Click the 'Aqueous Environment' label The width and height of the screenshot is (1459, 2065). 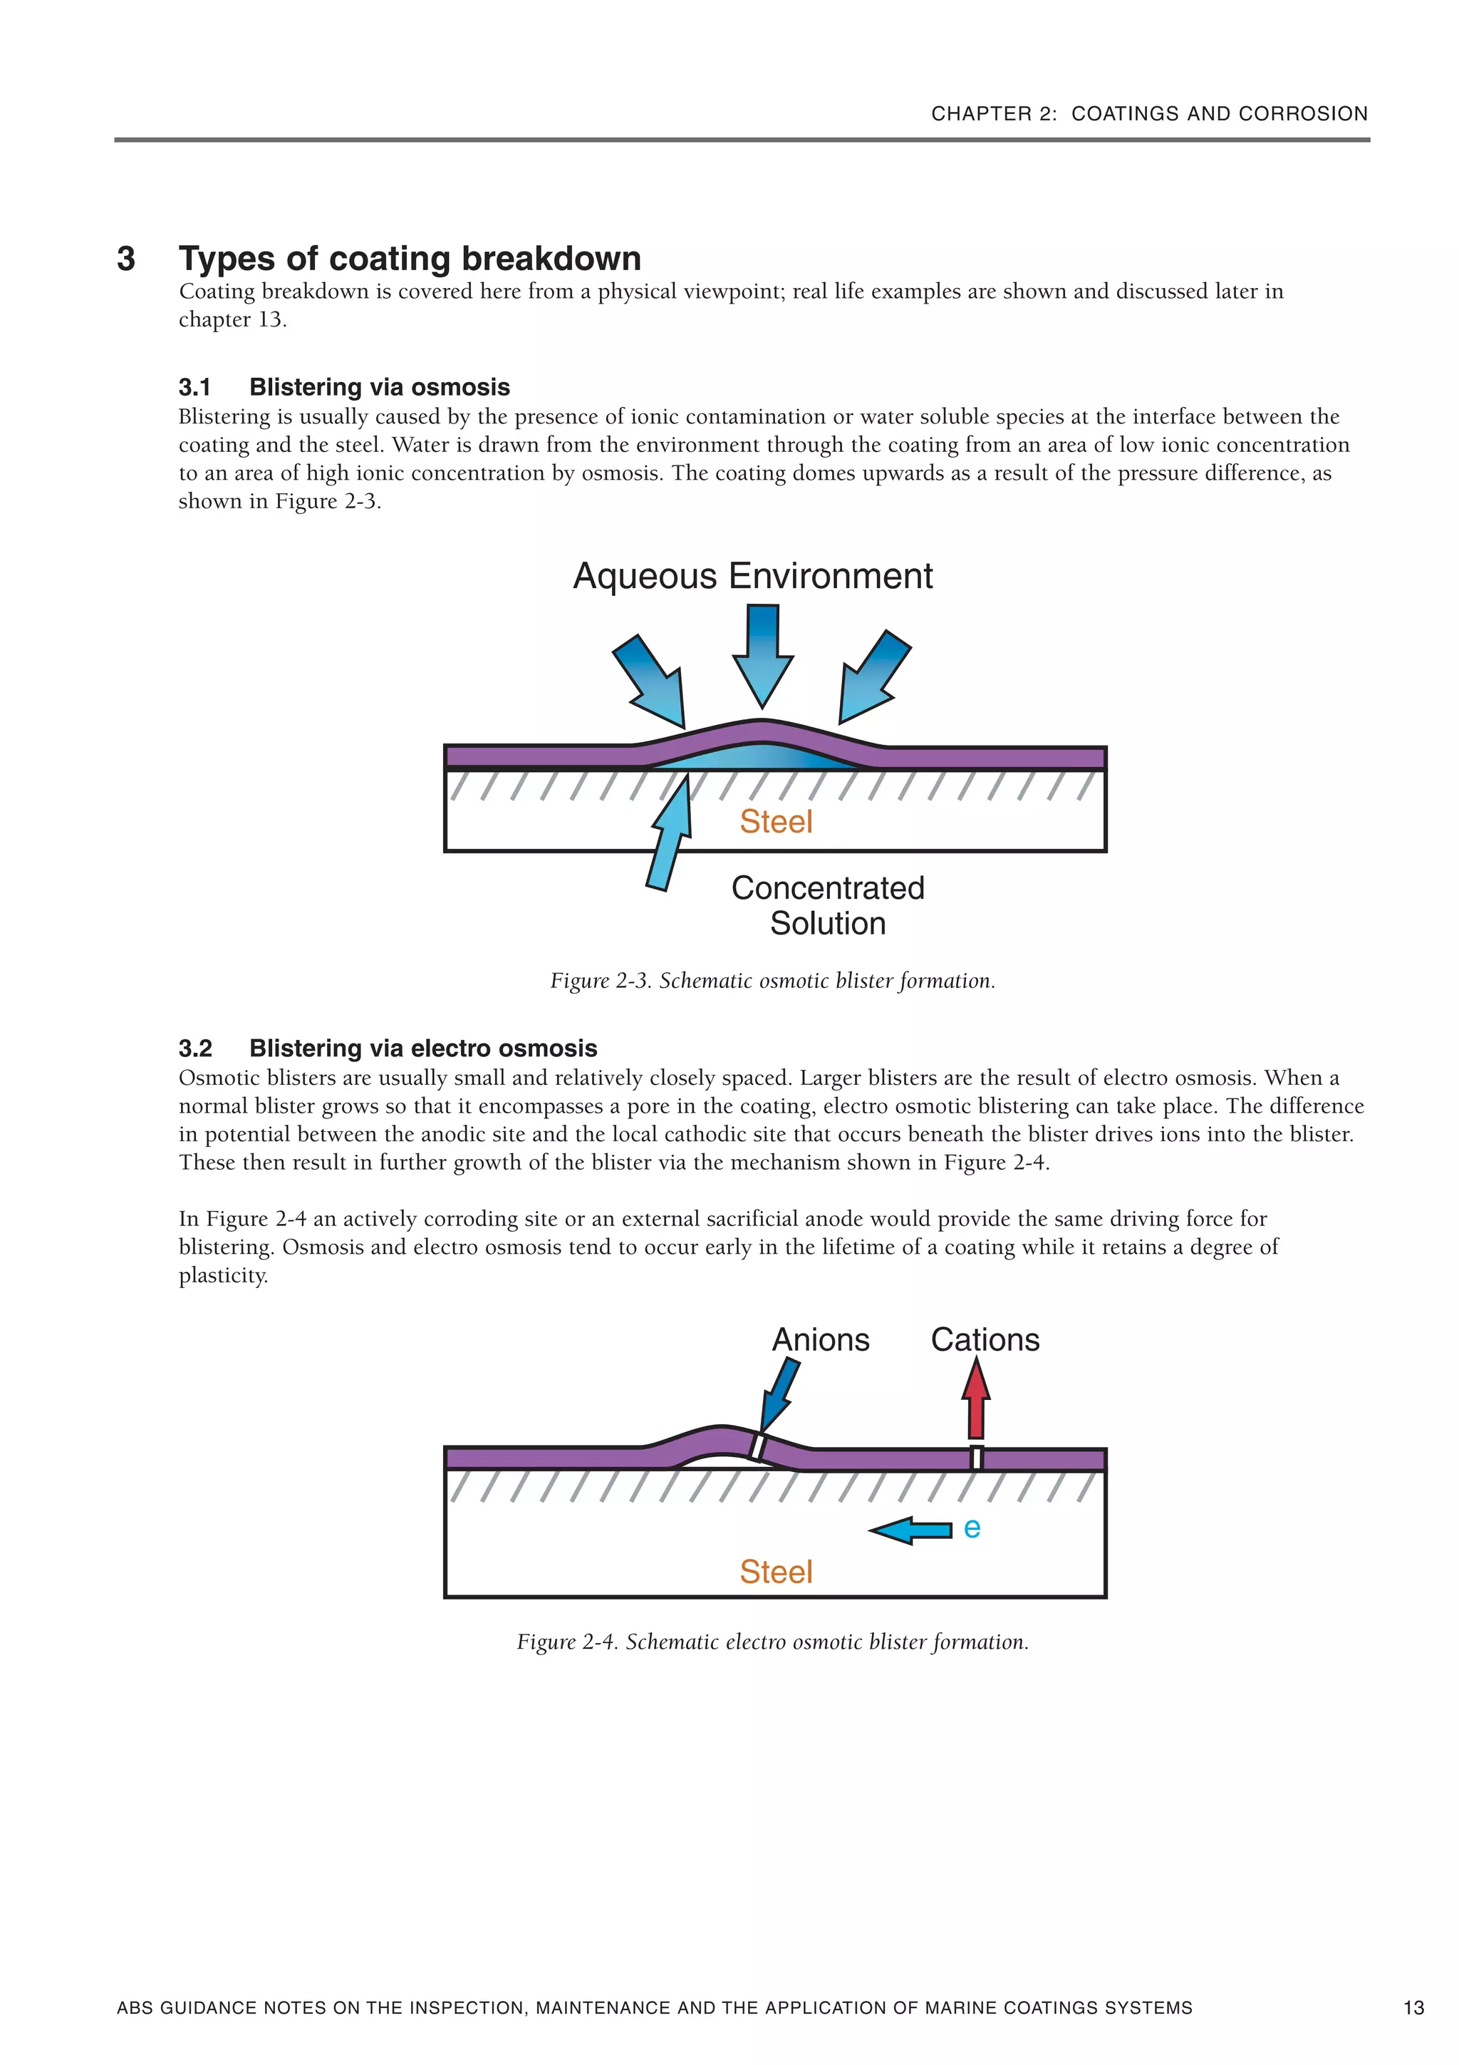[x=752, y=576]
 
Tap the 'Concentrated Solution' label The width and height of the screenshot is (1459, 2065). [x=827, y=905]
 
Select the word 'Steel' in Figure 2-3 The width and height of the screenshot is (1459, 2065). [x=776, y=821]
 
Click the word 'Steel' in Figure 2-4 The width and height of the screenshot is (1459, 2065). [x=776, y=1571]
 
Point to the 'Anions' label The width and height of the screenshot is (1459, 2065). [x=820, y=1339]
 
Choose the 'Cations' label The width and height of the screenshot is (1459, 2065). [x=985, y=1339]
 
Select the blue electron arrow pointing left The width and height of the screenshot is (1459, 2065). [x=910, y=1530]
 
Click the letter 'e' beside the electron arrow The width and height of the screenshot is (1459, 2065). [x=972, y=1527]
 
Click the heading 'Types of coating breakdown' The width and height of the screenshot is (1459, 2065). [x=410, y=258]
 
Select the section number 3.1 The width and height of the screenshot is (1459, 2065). [x=194, y=387]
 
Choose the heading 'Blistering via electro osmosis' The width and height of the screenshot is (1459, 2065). [x=422, y=1048]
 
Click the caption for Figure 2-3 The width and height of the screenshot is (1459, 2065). [x=772, y=980]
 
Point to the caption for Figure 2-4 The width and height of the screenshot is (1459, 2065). [x=772, y=1642]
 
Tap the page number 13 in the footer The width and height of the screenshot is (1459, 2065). [x=1413, y=2007]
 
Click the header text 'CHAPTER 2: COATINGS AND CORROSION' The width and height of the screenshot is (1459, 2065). [x=1149, y=113]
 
